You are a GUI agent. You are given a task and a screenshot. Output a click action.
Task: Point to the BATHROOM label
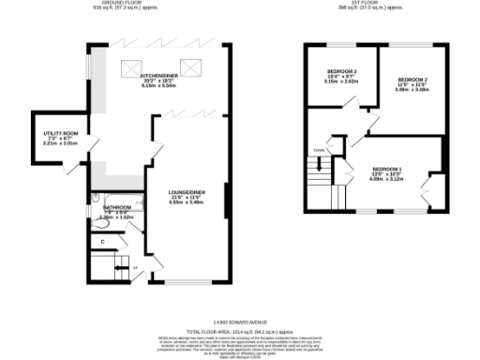pos(116,207)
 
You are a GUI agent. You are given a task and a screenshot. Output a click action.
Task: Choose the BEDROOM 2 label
pos(412,80)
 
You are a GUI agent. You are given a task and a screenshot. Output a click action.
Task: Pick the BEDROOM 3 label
pos(341,72)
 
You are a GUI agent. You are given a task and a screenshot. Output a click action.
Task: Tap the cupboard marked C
pos(102,242)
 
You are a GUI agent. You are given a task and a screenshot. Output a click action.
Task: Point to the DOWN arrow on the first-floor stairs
pos(319,151)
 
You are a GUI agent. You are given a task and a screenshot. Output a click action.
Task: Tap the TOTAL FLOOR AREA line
pos(239,331)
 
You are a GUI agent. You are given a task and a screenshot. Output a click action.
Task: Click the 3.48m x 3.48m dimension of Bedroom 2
pos(412,91)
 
